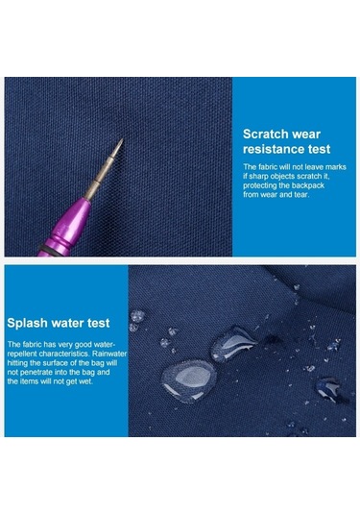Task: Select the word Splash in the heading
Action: pos(28,323)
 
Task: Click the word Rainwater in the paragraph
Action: pos(109,354)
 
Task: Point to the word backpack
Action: pos(308,185)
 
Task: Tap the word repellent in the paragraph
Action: pos(22,354)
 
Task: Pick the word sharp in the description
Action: pos(259,177)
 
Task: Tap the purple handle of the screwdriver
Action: pos(64,229)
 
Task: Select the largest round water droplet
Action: pos(188,380)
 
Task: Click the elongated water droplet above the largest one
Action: pos(232,343)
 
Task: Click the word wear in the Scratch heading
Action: pos(306,135)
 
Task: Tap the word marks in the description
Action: pos(335,167)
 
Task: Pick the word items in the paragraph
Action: pos(29,381)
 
